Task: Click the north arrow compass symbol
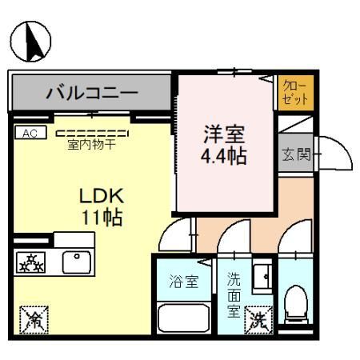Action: [30, 42]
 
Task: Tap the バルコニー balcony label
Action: [91, 92]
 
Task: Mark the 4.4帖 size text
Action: [222, 154]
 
